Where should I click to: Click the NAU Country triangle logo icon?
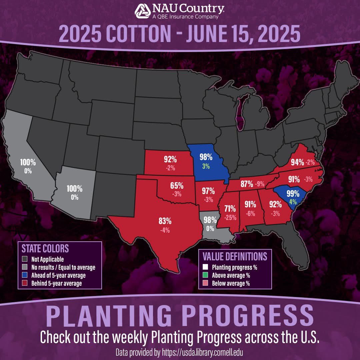(x=143, y=11)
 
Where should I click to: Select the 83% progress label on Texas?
(x=165, y=221)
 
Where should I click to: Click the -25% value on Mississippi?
(x=230, y=218)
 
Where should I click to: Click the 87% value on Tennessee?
(x=246, y=184)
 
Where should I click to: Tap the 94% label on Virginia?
(x=297, y=162)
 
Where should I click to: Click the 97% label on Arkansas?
(x=208, y=191)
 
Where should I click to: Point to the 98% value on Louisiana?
(x=210, y=220)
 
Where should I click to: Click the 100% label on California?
(x=28, y=163)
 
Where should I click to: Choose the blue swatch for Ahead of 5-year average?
(x=24, y=275)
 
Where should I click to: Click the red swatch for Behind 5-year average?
(x=24, y=283)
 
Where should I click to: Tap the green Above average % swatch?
(x=205, y=275)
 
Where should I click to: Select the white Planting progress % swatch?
(x=205, y=267)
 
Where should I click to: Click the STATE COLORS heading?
(x=45, y=249)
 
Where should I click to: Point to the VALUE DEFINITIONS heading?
(x=235, y=256)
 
